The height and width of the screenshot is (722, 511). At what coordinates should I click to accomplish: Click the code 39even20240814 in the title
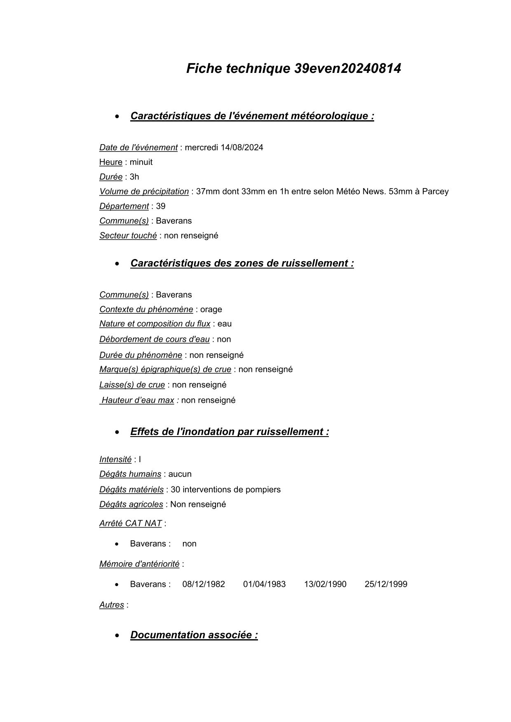coord(347,68)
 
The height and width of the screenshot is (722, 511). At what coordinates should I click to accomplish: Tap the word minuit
coord(141,162)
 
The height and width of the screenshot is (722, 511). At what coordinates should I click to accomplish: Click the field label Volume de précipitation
coord(144,192)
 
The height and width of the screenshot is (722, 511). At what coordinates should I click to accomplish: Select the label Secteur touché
coord(128,236)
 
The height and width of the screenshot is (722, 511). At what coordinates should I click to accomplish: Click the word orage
coord(211,309)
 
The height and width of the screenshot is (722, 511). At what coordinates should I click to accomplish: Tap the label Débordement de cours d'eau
coord(154,339)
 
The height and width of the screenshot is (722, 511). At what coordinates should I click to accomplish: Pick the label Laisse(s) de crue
coord(132,385)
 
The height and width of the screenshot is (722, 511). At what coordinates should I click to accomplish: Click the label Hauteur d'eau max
coord(138,400)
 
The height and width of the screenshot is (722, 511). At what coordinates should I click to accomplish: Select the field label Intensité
coord(115,459)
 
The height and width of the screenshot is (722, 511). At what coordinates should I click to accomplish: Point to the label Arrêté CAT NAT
coord(130,523)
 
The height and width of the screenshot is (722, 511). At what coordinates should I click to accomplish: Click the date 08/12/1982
coord(204,584)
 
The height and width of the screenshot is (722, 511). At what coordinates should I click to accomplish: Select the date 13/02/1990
coord(325,584)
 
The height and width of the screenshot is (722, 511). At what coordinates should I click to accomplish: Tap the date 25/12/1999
coord(386,584)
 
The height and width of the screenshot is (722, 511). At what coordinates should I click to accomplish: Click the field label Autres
coord(111,605)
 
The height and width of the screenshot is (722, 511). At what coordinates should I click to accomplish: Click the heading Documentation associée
coord(194,635)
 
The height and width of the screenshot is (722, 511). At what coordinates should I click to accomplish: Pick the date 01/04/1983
coord(264,584)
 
